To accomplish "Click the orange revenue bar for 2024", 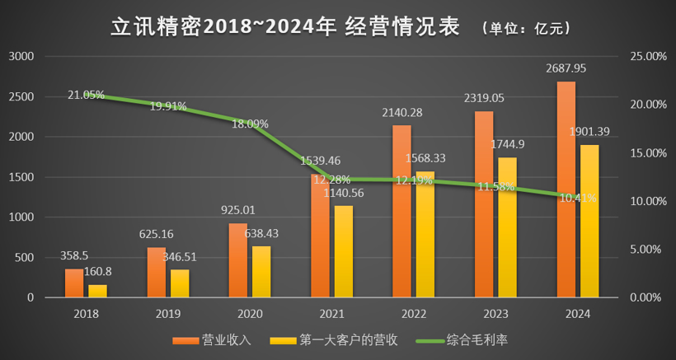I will (566, 189).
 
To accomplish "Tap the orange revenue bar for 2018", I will (74, 283).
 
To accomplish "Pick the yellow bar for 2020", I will (261, 272).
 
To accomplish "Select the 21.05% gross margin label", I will (86, 95).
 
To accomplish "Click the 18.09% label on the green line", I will (249, 124).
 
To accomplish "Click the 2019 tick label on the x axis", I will (167, 314).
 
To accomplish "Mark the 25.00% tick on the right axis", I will (646, 56).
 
